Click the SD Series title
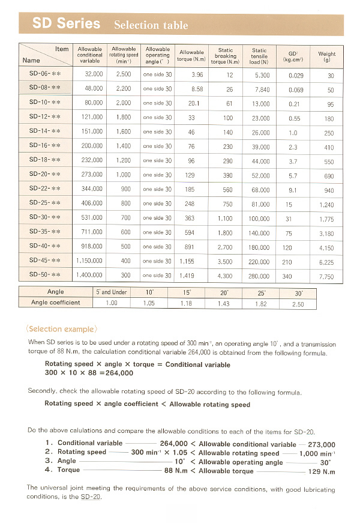67,24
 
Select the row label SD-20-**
45,175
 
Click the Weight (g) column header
327,56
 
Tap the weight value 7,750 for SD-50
327,277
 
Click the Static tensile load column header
259,56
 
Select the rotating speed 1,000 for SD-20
124,175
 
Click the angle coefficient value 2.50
298,304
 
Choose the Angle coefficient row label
55,303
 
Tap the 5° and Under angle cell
111,292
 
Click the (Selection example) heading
61,329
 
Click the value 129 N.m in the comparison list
321,471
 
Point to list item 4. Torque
62,470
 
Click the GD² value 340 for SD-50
287,276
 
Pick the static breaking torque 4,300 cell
225,276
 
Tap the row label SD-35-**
45,233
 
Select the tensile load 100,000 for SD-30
259,219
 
